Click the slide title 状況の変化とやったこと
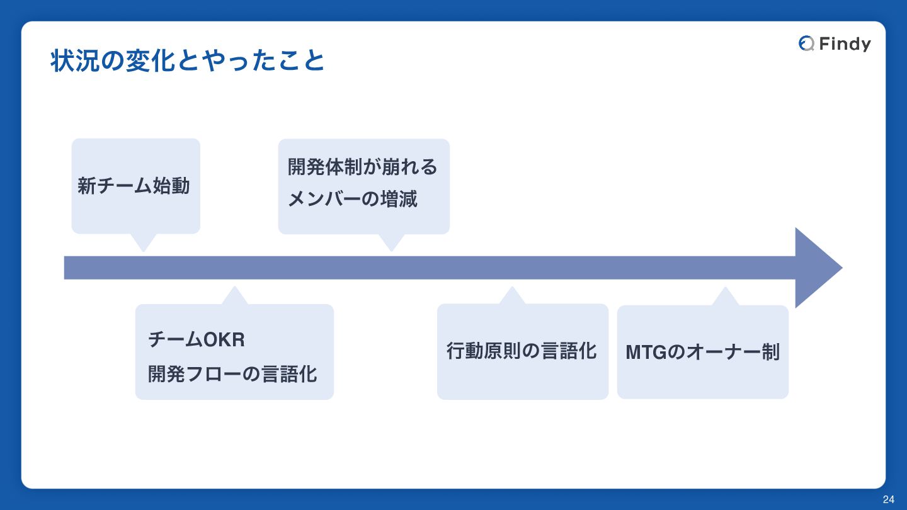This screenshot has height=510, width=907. pyautogui.click(x=187, y=61)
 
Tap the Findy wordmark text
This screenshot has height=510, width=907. pyautogui.click(x=845, y=43)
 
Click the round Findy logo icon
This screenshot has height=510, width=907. pyautogui.click(x=806, y=43)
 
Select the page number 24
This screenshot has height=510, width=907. pyautogui.click(x=888, y=499)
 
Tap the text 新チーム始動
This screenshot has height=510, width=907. pyautogui.click(x=134, y=186)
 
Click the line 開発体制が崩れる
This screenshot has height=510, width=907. pyautogui.click(x=362, y=167)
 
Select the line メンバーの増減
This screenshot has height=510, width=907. pyautogui.click(x=352, y=200)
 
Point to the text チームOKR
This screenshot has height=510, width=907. pyautogui.click(x=196, y=339)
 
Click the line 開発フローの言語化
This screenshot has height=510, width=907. pyautogui.click(x=232, y=373)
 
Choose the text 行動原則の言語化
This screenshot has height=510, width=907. pyautogui.click(x=522, y=351)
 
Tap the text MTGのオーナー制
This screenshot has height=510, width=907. pyautogui.click(x=702, y=352)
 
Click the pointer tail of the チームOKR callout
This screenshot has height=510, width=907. pyautogui.click(x=234, y=296)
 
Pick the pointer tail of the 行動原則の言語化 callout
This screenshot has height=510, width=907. pyautogui.click(x=512, y=296)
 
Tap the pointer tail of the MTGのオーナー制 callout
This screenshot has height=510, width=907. pyautogui.click(x=725, y=297)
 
